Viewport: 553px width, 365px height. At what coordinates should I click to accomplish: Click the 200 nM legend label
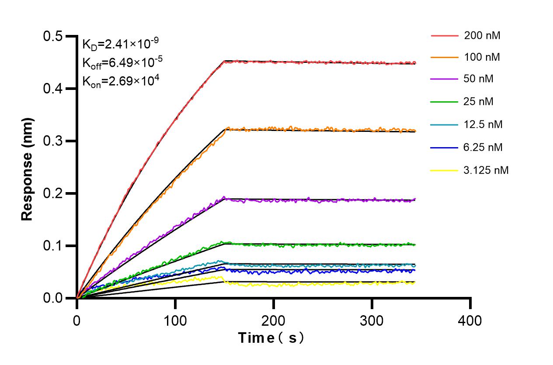(482, 35)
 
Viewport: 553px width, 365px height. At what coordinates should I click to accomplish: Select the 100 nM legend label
(482, 57)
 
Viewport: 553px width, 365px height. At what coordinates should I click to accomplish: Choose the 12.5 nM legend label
(483, 124)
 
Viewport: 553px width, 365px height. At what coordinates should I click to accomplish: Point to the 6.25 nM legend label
(483, 147)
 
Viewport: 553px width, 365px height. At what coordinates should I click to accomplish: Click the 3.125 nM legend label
(486, 170)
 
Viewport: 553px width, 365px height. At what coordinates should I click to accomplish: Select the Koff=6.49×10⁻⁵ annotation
(122, 62)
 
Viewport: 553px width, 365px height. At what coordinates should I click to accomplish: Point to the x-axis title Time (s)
(271, 337)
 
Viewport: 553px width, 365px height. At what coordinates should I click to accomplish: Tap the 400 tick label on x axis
(470, 321)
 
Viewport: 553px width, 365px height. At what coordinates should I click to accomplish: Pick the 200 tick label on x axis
(273, 321)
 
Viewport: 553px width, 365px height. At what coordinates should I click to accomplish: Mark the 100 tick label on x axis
(175, 321)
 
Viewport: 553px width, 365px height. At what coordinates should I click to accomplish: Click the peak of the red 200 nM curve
(225, 62)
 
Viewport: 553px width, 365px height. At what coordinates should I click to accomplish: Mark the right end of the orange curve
(414, 130)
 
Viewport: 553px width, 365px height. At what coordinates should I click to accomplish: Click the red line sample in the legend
(444, 35)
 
